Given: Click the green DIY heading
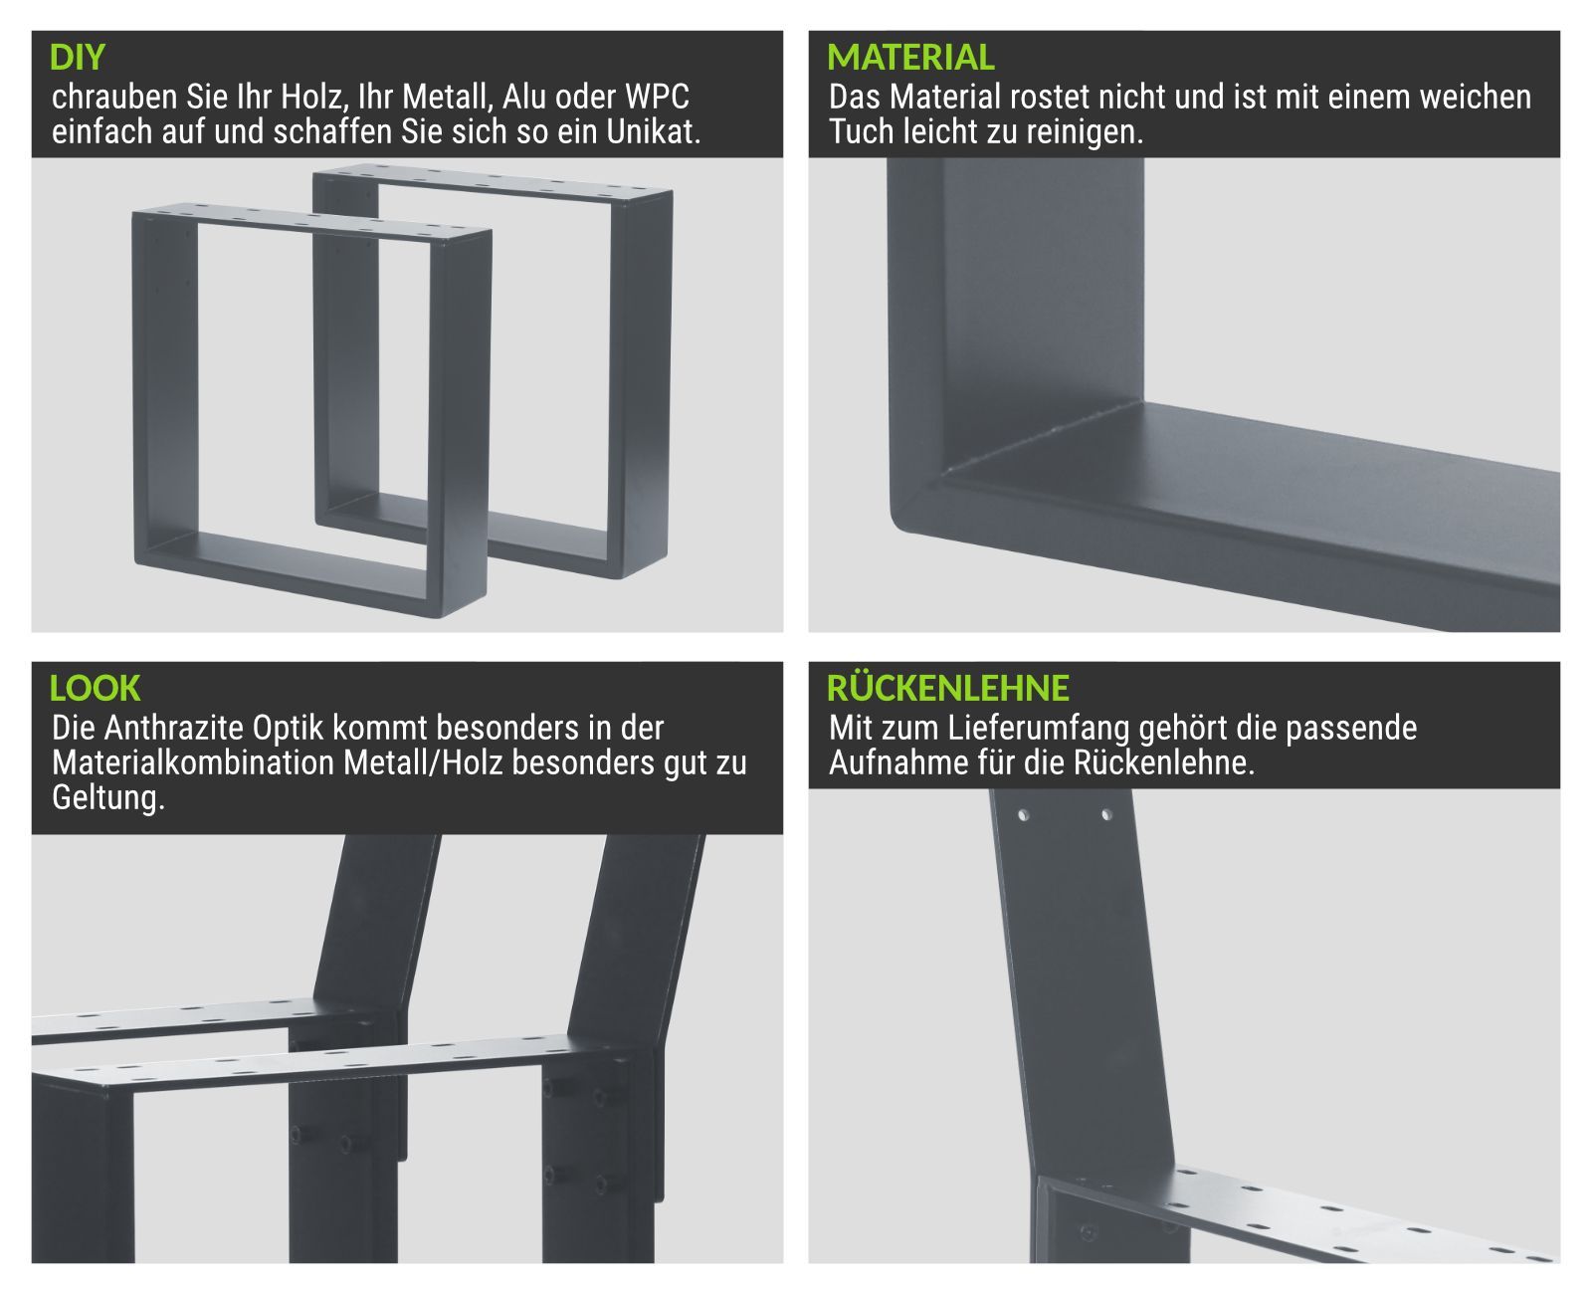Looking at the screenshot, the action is coord(77,58).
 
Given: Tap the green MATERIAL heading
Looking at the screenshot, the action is coord(910,58).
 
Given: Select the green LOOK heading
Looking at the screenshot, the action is coord(95,688).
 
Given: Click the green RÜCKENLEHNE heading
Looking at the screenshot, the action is coord(947,687).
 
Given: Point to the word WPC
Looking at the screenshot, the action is coord(657,97).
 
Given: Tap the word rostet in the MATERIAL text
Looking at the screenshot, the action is coord(1056,97).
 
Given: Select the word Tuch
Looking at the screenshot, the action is coord(861,131).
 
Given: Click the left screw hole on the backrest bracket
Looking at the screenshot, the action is coord(1023,815).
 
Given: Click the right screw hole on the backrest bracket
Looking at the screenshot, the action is coord(1106,815).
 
